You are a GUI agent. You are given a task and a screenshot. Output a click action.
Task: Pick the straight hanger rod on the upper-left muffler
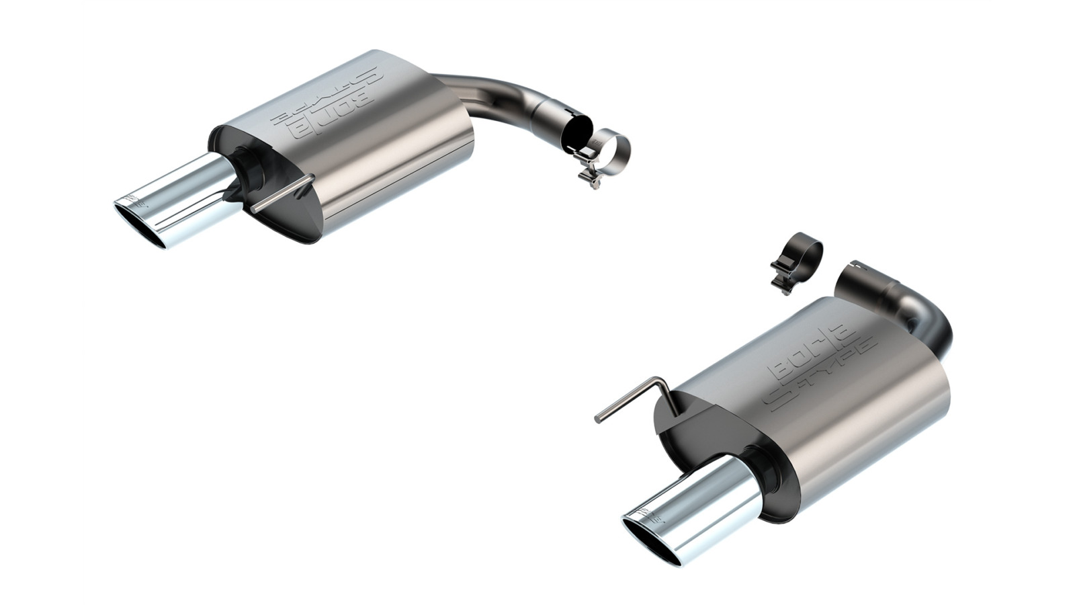pyautogui.click(x=282, y=195)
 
